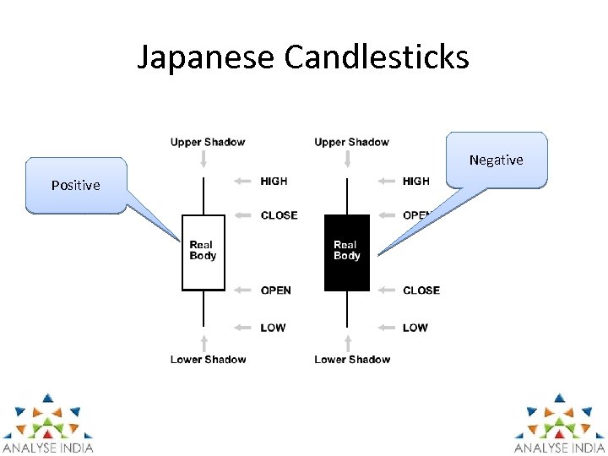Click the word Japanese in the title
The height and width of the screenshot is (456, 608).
tap(206, 57)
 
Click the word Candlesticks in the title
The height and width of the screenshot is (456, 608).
tap(377, 57)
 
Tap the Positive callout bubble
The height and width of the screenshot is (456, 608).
tap(76, 185)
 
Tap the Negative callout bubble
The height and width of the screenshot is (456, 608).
tap(497, 160)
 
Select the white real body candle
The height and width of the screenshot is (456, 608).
tap(204, 252)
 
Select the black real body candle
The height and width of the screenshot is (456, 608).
tap(347, 252)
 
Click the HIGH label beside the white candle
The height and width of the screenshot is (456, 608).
tap(274, 181)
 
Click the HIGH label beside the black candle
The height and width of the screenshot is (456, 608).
tap(416, 181)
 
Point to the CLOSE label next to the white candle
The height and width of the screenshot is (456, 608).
tap(279, 215)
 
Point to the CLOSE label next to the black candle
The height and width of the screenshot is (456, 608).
tap(421, 290)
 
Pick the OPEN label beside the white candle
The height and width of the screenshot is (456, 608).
tap(276, 290)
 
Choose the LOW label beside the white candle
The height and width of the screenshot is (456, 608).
tap(273, 328)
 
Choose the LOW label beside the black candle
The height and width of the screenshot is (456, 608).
tap(415, 328)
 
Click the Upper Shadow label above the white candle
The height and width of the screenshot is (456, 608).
tap(208, 142)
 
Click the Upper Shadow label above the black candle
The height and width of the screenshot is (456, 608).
tap(351, 142)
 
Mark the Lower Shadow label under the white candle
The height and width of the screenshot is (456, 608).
tap(209, 360)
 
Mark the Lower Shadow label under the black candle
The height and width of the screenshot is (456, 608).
tap(352, 360)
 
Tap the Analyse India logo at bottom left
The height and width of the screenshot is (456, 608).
tap(47, 422)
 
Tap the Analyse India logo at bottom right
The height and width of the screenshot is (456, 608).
tap(560, 422)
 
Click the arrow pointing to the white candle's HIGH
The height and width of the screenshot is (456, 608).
tap(243, 181)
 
